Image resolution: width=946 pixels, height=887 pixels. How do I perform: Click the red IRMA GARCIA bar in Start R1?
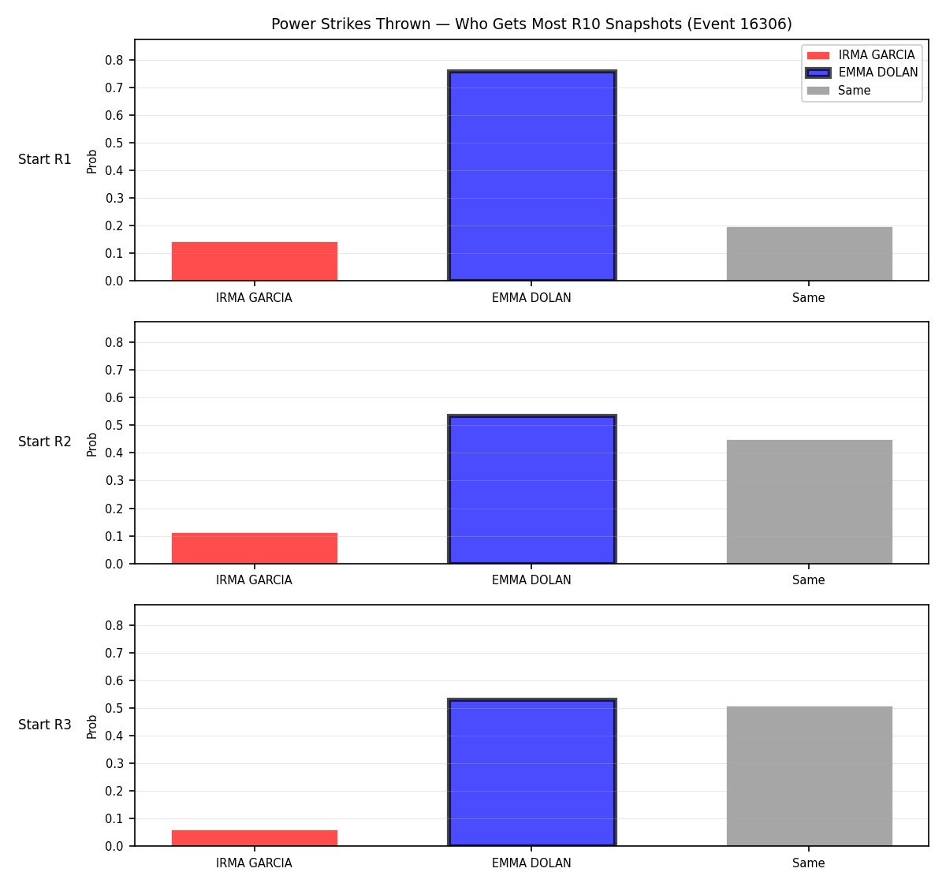click(x=255, y=261)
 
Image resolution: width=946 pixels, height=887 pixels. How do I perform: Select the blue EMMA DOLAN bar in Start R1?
click(x=531, y=175)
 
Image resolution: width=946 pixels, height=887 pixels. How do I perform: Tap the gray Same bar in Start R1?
click(x=809, y=254)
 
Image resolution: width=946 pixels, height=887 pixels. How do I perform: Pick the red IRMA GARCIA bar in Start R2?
click(x=255, y=548)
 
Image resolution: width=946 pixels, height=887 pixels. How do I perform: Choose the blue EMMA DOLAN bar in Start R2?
click(x=531, y=489)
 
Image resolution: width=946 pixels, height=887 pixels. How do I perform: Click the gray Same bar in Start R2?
click(x=809, y=501)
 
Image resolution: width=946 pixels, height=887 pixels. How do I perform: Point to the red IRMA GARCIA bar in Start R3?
click(x=255, y=838)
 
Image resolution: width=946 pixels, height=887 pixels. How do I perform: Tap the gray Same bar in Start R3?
click(x=809, y=776)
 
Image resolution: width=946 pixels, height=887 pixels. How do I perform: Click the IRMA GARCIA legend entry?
click(x=860, y=55)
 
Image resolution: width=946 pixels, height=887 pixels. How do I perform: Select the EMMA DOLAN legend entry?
click(x=861, y=73)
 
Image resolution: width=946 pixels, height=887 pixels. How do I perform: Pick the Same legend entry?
click(x=838, y=90)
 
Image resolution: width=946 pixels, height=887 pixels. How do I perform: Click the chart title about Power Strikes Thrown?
click(x=531, y=24)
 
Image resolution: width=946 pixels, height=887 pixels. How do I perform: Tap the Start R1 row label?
click(x=44, y=159)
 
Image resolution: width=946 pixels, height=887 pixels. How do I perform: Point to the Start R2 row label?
click(x=44, y=442)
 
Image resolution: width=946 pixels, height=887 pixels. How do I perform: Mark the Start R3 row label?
click(x=44, y=725)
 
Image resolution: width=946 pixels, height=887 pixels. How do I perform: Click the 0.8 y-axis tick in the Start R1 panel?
click(x=114, y=60)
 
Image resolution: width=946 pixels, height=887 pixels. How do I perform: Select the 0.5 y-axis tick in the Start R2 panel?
click(x=114, y=425)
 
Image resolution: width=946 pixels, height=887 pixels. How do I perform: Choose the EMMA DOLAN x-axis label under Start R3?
click(x=531, y=863)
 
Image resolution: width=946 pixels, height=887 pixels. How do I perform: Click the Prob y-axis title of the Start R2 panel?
click(x=91, y=444)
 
